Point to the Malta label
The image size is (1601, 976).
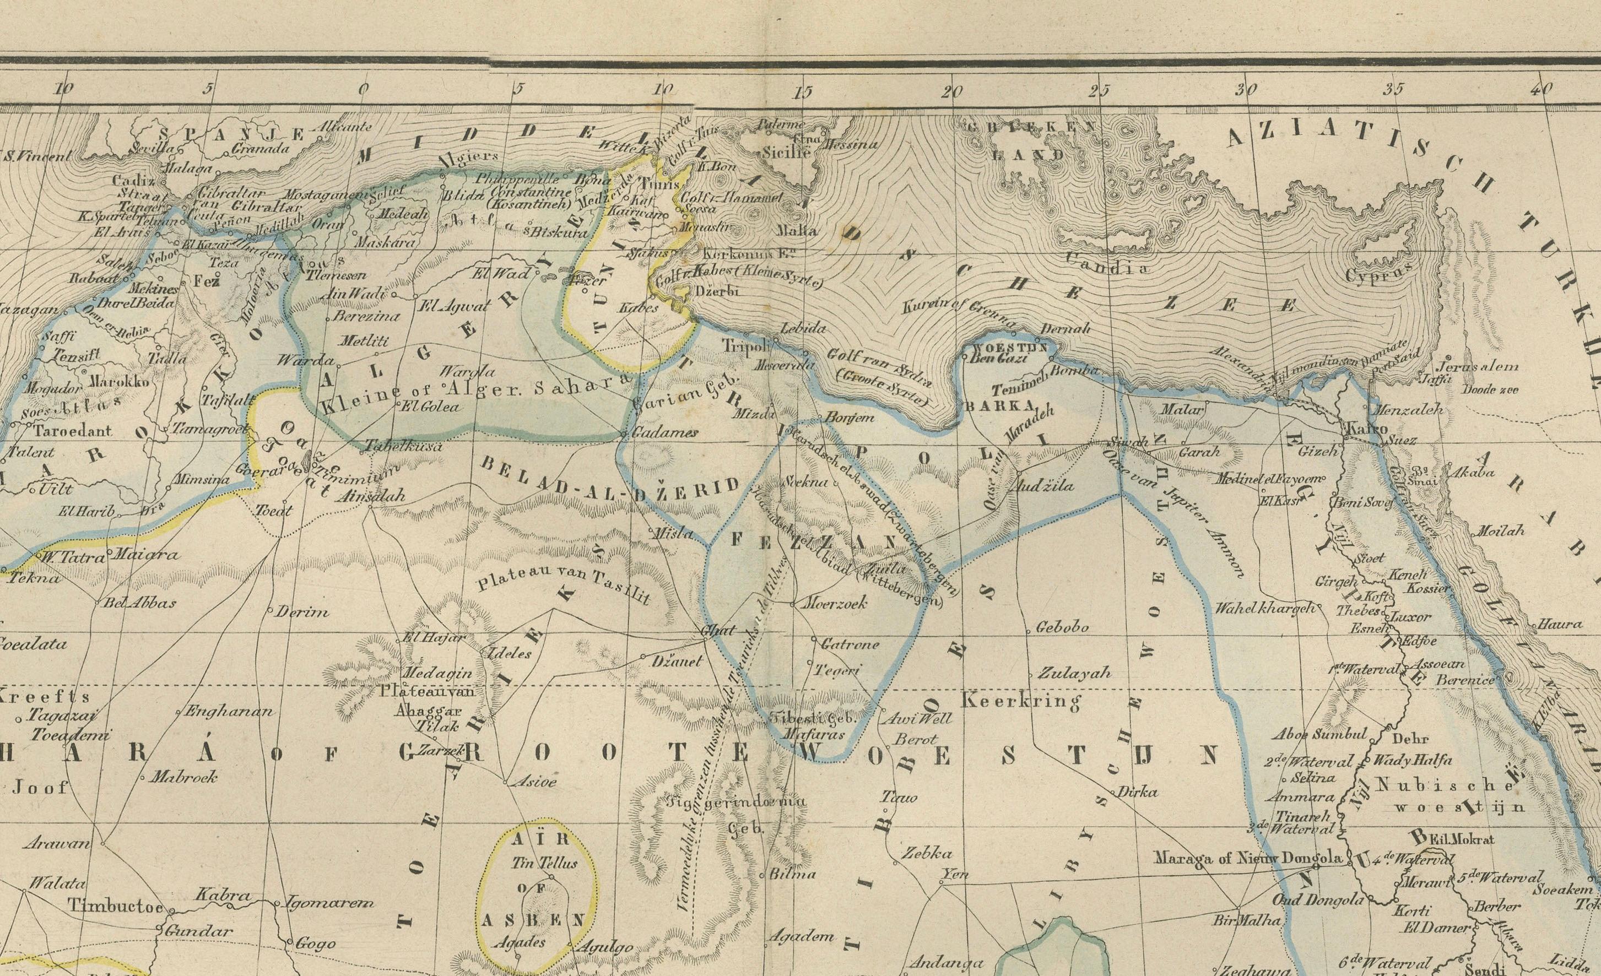coord(797,230)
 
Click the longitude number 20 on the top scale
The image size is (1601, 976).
coord(951,91)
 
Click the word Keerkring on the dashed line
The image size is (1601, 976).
coord(1020,701)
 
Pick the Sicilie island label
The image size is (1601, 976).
coord(786,153)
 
